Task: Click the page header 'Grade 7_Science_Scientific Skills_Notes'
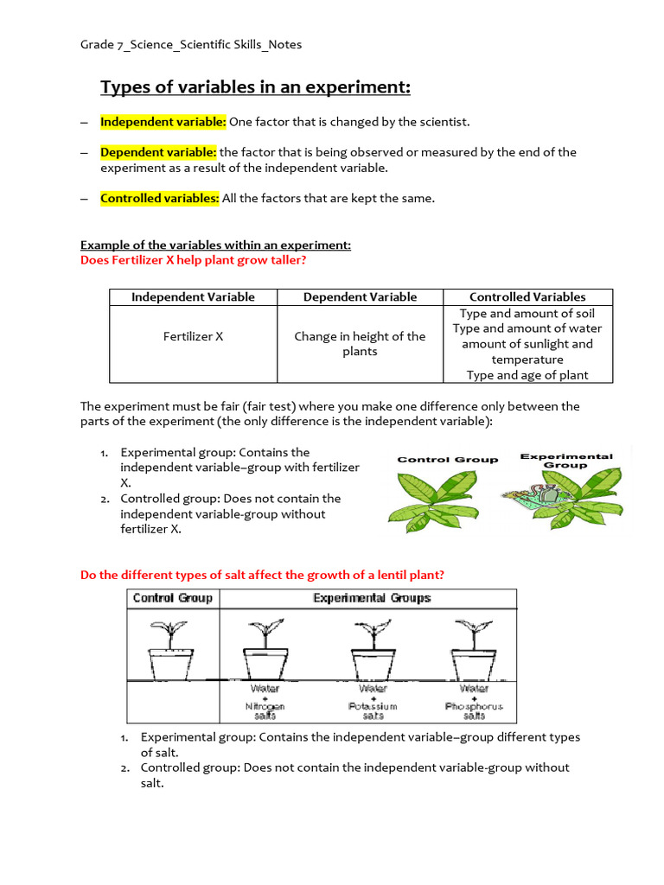(191, 45)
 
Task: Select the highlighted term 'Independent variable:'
(163, 122)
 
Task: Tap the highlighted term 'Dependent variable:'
(158, 152)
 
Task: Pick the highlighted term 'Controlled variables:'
(160, 198)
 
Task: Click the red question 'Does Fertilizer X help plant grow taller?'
(193, 259)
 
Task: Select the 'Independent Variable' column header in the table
(193, 297)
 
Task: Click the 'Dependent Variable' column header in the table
(360, 297)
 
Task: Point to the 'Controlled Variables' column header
(527, 297)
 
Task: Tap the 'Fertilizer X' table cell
(193, 336)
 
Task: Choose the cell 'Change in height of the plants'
(360, 344)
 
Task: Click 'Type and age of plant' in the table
(527, 375)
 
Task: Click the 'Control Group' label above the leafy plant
(447, 460)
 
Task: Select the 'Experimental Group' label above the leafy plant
(566, 460)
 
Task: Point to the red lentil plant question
(263, 575)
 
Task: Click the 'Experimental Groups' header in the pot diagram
(372, 598)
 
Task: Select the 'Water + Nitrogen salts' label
(265, 702)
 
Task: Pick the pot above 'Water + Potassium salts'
(373, 664)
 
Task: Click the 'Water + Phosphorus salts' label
(474, 702)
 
